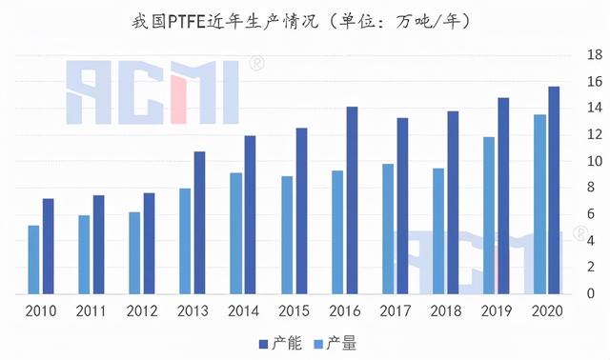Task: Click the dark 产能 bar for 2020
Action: coord(554,190)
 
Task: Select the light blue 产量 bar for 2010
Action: coord(33,259)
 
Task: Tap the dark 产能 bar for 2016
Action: coord(352,200)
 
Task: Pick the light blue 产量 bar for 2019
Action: coord(489,215)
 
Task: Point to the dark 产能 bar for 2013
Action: coord(199,222)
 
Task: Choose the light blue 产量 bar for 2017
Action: coord(388,229)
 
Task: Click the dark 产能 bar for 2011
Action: coord(98,245)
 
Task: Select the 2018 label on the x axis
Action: coord(445,311)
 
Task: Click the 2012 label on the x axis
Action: coord(141,311)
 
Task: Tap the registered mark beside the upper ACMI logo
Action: coord(256,64)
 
